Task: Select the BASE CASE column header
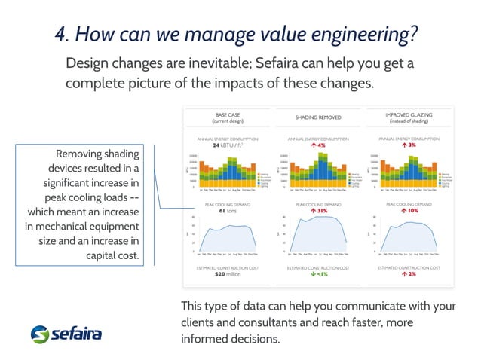228,117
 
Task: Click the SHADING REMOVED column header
318,117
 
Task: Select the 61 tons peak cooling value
227,211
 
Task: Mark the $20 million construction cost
227,274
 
